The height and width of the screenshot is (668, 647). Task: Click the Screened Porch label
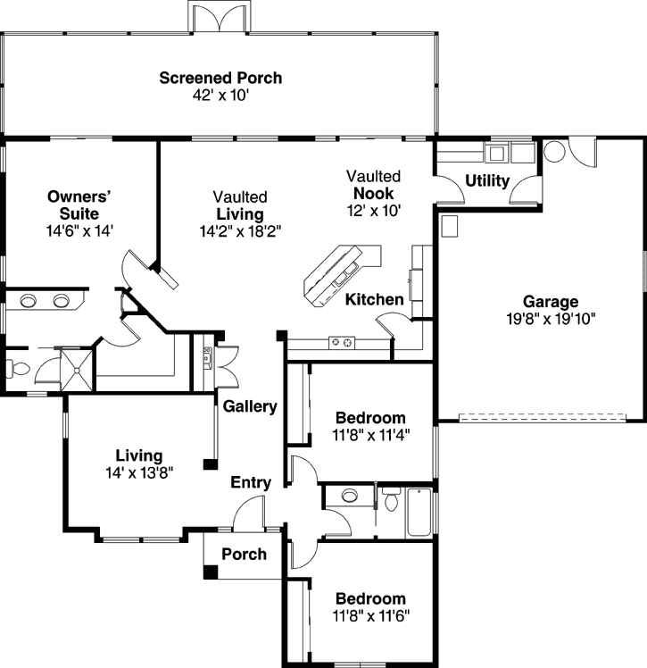point(220,78)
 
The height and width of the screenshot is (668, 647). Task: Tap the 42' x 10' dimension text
point(220,95)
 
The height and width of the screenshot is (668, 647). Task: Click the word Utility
point(487,181)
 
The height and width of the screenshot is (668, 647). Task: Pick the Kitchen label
point(375,300)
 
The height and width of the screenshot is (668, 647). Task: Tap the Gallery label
point(250,406)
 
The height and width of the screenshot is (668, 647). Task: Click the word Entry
point(251,483)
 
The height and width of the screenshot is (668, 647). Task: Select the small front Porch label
point(244,555)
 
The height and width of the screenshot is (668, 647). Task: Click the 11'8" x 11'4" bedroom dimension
point(370,435)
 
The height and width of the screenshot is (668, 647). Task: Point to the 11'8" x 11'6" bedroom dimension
point(370,615)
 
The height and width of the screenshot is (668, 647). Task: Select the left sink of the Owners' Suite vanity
point(28,300)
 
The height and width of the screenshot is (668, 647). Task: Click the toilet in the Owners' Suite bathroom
point(15,367)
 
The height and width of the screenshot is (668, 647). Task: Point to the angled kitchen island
point(341,271)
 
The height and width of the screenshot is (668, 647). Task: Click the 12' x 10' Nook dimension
point(374,210)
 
